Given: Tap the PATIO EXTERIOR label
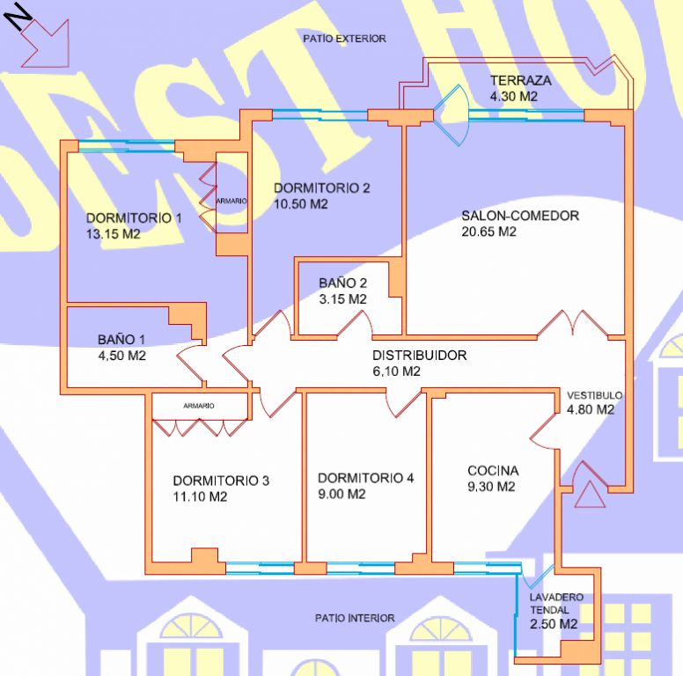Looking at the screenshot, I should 344,39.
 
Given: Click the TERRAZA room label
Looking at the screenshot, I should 521,80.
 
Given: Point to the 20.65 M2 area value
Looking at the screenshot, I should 488,232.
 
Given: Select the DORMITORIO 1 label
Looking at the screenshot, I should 134,218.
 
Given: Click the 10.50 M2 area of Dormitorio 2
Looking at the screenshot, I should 301,204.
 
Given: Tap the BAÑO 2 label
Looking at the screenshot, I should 342,283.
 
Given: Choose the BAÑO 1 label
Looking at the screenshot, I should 121,339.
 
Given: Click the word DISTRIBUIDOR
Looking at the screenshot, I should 419,356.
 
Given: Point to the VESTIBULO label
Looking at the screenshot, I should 594,395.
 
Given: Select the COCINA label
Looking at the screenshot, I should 493,471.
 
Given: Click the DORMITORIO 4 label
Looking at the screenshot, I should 365,478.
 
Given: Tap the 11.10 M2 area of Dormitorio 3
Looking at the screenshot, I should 200,496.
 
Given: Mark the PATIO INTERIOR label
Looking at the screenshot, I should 355,618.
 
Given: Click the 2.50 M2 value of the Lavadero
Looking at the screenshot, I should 554,624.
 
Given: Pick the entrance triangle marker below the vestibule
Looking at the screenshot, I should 589,494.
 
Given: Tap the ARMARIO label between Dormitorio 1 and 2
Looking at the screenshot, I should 231,201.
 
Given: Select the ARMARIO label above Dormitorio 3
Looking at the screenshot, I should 198,406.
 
